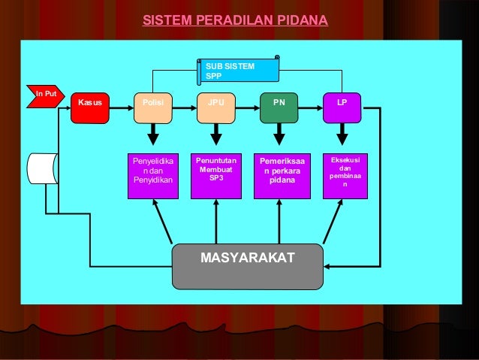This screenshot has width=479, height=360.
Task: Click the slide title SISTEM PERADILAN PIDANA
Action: click(235, 19)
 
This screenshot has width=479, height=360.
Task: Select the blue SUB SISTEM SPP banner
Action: click(239, 70)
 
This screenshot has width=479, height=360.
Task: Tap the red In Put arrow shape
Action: click(42, 95)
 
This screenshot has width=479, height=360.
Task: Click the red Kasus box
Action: click(89, 108)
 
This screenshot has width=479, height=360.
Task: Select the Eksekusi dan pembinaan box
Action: click(345, 176)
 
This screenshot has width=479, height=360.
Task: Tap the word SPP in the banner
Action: click(214, 75)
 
